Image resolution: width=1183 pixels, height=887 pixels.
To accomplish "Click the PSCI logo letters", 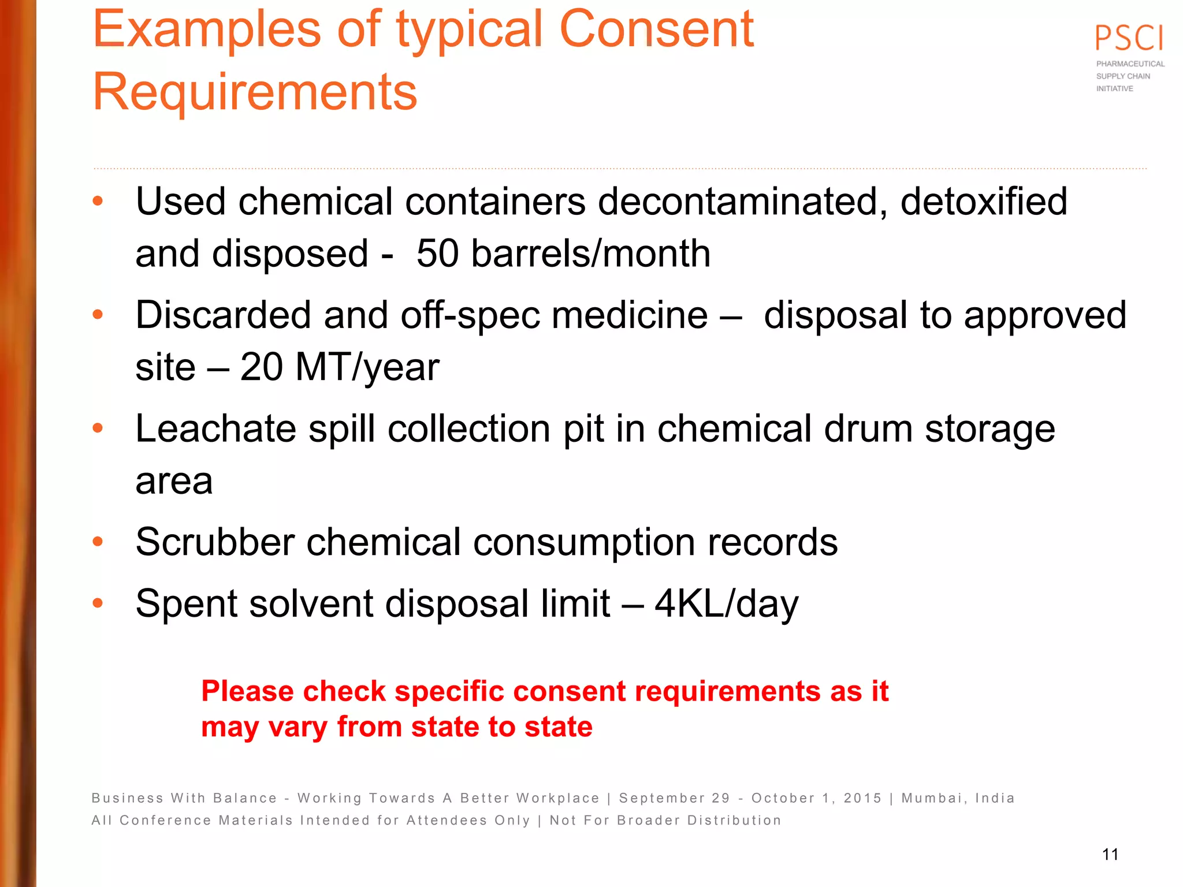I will [1129, 38].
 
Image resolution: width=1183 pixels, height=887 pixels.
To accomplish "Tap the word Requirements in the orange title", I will [255, 92].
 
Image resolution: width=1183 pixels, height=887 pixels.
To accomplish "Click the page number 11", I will [1110, 855].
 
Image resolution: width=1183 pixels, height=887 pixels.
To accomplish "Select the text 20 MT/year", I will [340, 367].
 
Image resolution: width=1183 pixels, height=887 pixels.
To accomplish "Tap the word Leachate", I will [215, 429].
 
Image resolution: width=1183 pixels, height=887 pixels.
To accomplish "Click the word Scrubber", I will [214, 542].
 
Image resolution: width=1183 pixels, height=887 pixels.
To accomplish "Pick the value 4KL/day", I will [726, 604].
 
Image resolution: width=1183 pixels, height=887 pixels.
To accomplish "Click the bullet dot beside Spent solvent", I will [98, 603].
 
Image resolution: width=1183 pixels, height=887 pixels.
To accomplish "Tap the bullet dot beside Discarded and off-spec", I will [98, 315].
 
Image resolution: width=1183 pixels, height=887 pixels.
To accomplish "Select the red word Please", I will [247, 691].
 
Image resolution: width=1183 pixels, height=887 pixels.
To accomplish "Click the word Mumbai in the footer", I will [932, 798].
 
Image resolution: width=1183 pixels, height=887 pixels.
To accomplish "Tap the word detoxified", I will [983, 202].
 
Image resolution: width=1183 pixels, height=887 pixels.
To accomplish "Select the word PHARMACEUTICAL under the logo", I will [1130, 64].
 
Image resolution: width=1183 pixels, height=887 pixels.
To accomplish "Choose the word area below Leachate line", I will [174, 481].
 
